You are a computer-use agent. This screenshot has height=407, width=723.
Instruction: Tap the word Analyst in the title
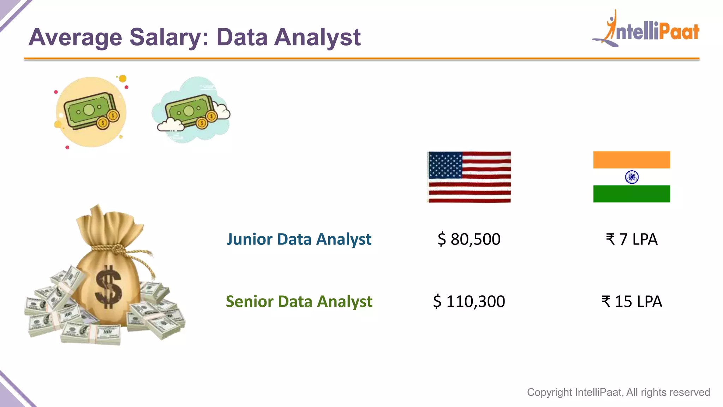317,37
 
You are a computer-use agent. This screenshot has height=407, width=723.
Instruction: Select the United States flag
469,177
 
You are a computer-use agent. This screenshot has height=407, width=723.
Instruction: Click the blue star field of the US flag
445,165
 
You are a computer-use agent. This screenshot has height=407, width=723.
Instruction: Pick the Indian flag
632,177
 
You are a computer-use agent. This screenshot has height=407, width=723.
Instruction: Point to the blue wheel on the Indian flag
632,177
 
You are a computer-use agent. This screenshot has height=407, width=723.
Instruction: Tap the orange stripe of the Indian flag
632,160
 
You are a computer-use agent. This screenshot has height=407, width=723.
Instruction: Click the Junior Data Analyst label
299,239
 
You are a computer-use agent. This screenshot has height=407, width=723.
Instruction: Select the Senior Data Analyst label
299,301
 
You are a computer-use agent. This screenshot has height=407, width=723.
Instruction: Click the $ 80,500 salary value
469,239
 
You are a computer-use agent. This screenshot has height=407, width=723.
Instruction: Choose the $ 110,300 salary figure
469,301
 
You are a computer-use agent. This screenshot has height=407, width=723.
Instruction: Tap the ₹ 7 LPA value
632,239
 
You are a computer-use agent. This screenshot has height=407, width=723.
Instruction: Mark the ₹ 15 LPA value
632,301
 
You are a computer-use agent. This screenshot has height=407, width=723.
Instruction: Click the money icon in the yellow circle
91,112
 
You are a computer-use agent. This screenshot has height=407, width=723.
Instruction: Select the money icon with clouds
191,110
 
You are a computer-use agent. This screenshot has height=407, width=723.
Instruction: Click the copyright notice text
618,392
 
